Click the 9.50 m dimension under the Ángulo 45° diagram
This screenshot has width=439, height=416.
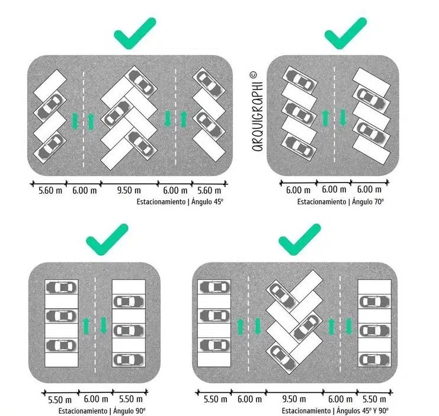point(129,190)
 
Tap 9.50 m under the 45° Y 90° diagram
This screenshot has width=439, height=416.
point(294,399)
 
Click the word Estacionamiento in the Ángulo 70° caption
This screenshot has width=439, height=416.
point(322,201)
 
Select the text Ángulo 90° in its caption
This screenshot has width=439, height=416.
point(129,411)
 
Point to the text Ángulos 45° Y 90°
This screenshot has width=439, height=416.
point(363,411)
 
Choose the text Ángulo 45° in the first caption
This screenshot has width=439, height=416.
point(207,201)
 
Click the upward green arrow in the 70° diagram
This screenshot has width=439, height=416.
point(325,118)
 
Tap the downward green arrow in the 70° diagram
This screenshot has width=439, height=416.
point(342,118)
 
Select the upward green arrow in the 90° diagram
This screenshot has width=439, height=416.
point(86,326)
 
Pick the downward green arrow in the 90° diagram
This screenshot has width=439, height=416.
point(104,325)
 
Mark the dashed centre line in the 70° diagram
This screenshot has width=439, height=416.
point(334,114)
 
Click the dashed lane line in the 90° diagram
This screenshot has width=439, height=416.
point(95,325)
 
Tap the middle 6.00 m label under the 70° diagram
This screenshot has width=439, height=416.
point(334,190)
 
